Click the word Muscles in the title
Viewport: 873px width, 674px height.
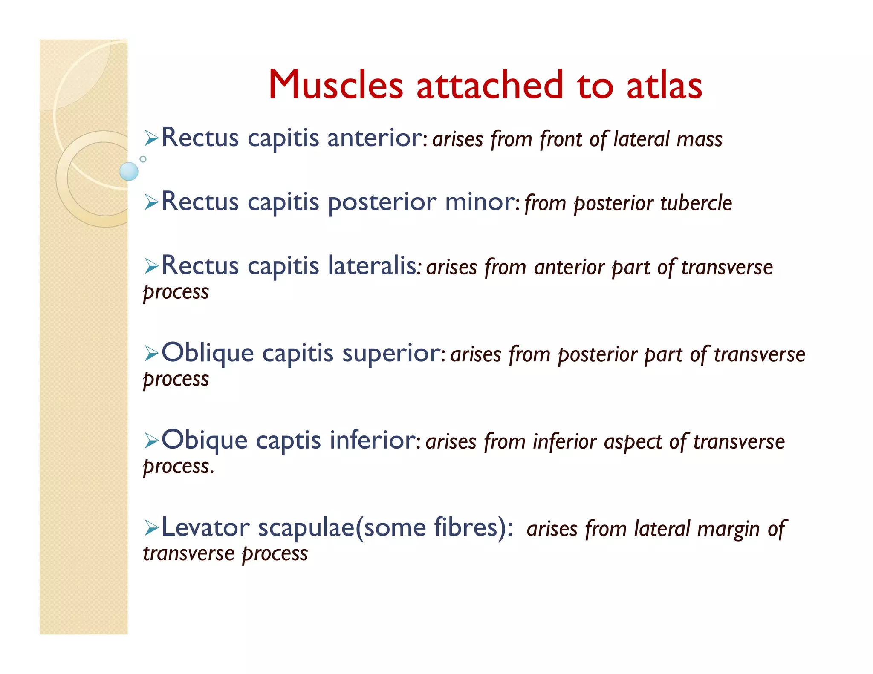[x=335, y=85]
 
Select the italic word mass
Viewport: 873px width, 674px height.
[x=699, y=140]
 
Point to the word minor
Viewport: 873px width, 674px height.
[x=480, y=202]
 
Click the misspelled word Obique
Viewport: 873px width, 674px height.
[x=205, y=441]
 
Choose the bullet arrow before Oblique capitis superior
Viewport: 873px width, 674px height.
[x=151, y=354]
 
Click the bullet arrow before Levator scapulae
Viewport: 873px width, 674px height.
[x=151, y=528]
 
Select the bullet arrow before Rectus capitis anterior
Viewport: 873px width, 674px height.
[x=151, y=138]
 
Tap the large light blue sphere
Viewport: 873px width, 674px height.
[x=129, y=171]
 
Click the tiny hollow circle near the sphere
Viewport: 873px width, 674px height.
[x=143, y=159]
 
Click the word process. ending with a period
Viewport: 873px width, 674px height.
[x=178, y=467]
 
